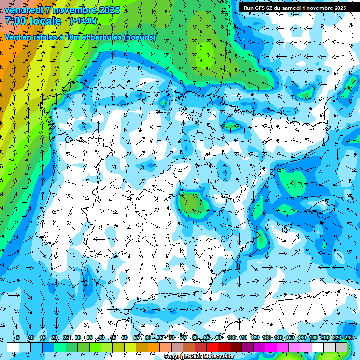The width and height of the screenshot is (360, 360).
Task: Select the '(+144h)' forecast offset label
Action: (83, 21)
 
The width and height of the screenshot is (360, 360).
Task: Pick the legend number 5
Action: (18, 338)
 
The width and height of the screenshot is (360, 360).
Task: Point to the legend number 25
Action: (66, 338)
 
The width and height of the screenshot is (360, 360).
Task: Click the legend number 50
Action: (125, 338)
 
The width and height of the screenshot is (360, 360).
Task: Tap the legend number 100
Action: (232, 338)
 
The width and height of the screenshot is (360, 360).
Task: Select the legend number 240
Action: (349, 338)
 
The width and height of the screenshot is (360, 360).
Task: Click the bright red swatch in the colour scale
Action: (212, 347)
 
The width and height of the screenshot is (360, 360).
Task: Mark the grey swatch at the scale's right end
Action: (341, 347)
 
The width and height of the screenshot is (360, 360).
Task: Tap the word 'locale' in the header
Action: (45, 21)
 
